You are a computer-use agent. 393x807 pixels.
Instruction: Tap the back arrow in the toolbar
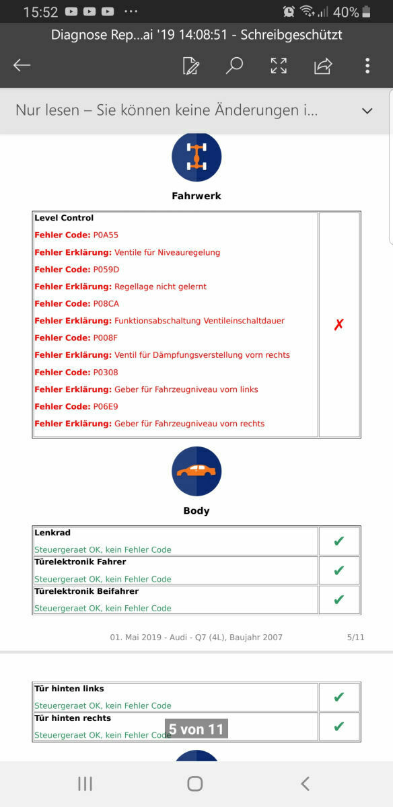pyautogui.click(x=22, y=65)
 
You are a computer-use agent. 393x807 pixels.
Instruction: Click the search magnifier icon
pyautogui.click(x=234, y=65)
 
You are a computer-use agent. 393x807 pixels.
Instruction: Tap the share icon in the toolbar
pyautogui.click(x=323, y=65)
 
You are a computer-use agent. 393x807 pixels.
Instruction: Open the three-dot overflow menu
pyautogui.click(x=367, y=65)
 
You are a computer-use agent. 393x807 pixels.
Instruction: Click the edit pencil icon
pyautogui.click(x=191, y=65)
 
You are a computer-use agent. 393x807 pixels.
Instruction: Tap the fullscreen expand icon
pyautogui.click(x=279, y=65)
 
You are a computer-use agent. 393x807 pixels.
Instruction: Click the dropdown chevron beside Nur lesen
pyautogui.click(x=367, y=111)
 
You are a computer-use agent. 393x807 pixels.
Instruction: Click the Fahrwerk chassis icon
pyautogui.click(x=196, y=157)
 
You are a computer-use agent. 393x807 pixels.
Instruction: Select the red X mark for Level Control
pyautogui.click(x=339, y=325)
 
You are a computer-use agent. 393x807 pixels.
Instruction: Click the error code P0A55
pyautogui.click(x=106, y=235)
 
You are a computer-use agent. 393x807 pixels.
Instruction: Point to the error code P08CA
pyautogui.click(x=106, y=304)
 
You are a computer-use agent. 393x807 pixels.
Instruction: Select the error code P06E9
pyautogui.click(x=106, y=407)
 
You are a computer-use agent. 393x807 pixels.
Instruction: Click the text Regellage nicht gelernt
pyautogui.click(x=160, y=286)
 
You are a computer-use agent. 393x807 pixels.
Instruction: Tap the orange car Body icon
pyautogui.click(x=196, y=471)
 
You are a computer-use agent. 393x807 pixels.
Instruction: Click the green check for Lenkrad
pyautogui.click(x=339, y=541)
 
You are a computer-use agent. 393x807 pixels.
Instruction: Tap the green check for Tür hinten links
pyautogui.click(x=339, y=697)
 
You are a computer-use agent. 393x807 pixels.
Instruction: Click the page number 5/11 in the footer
pyautogui.click(x=355, y=637)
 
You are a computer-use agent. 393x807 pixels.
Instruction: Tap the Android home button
pyautogui.click(x=195, y=783)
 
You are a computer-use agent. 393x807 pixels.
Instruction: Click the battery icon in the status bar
pyautogui.click(x=366, y=11)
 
